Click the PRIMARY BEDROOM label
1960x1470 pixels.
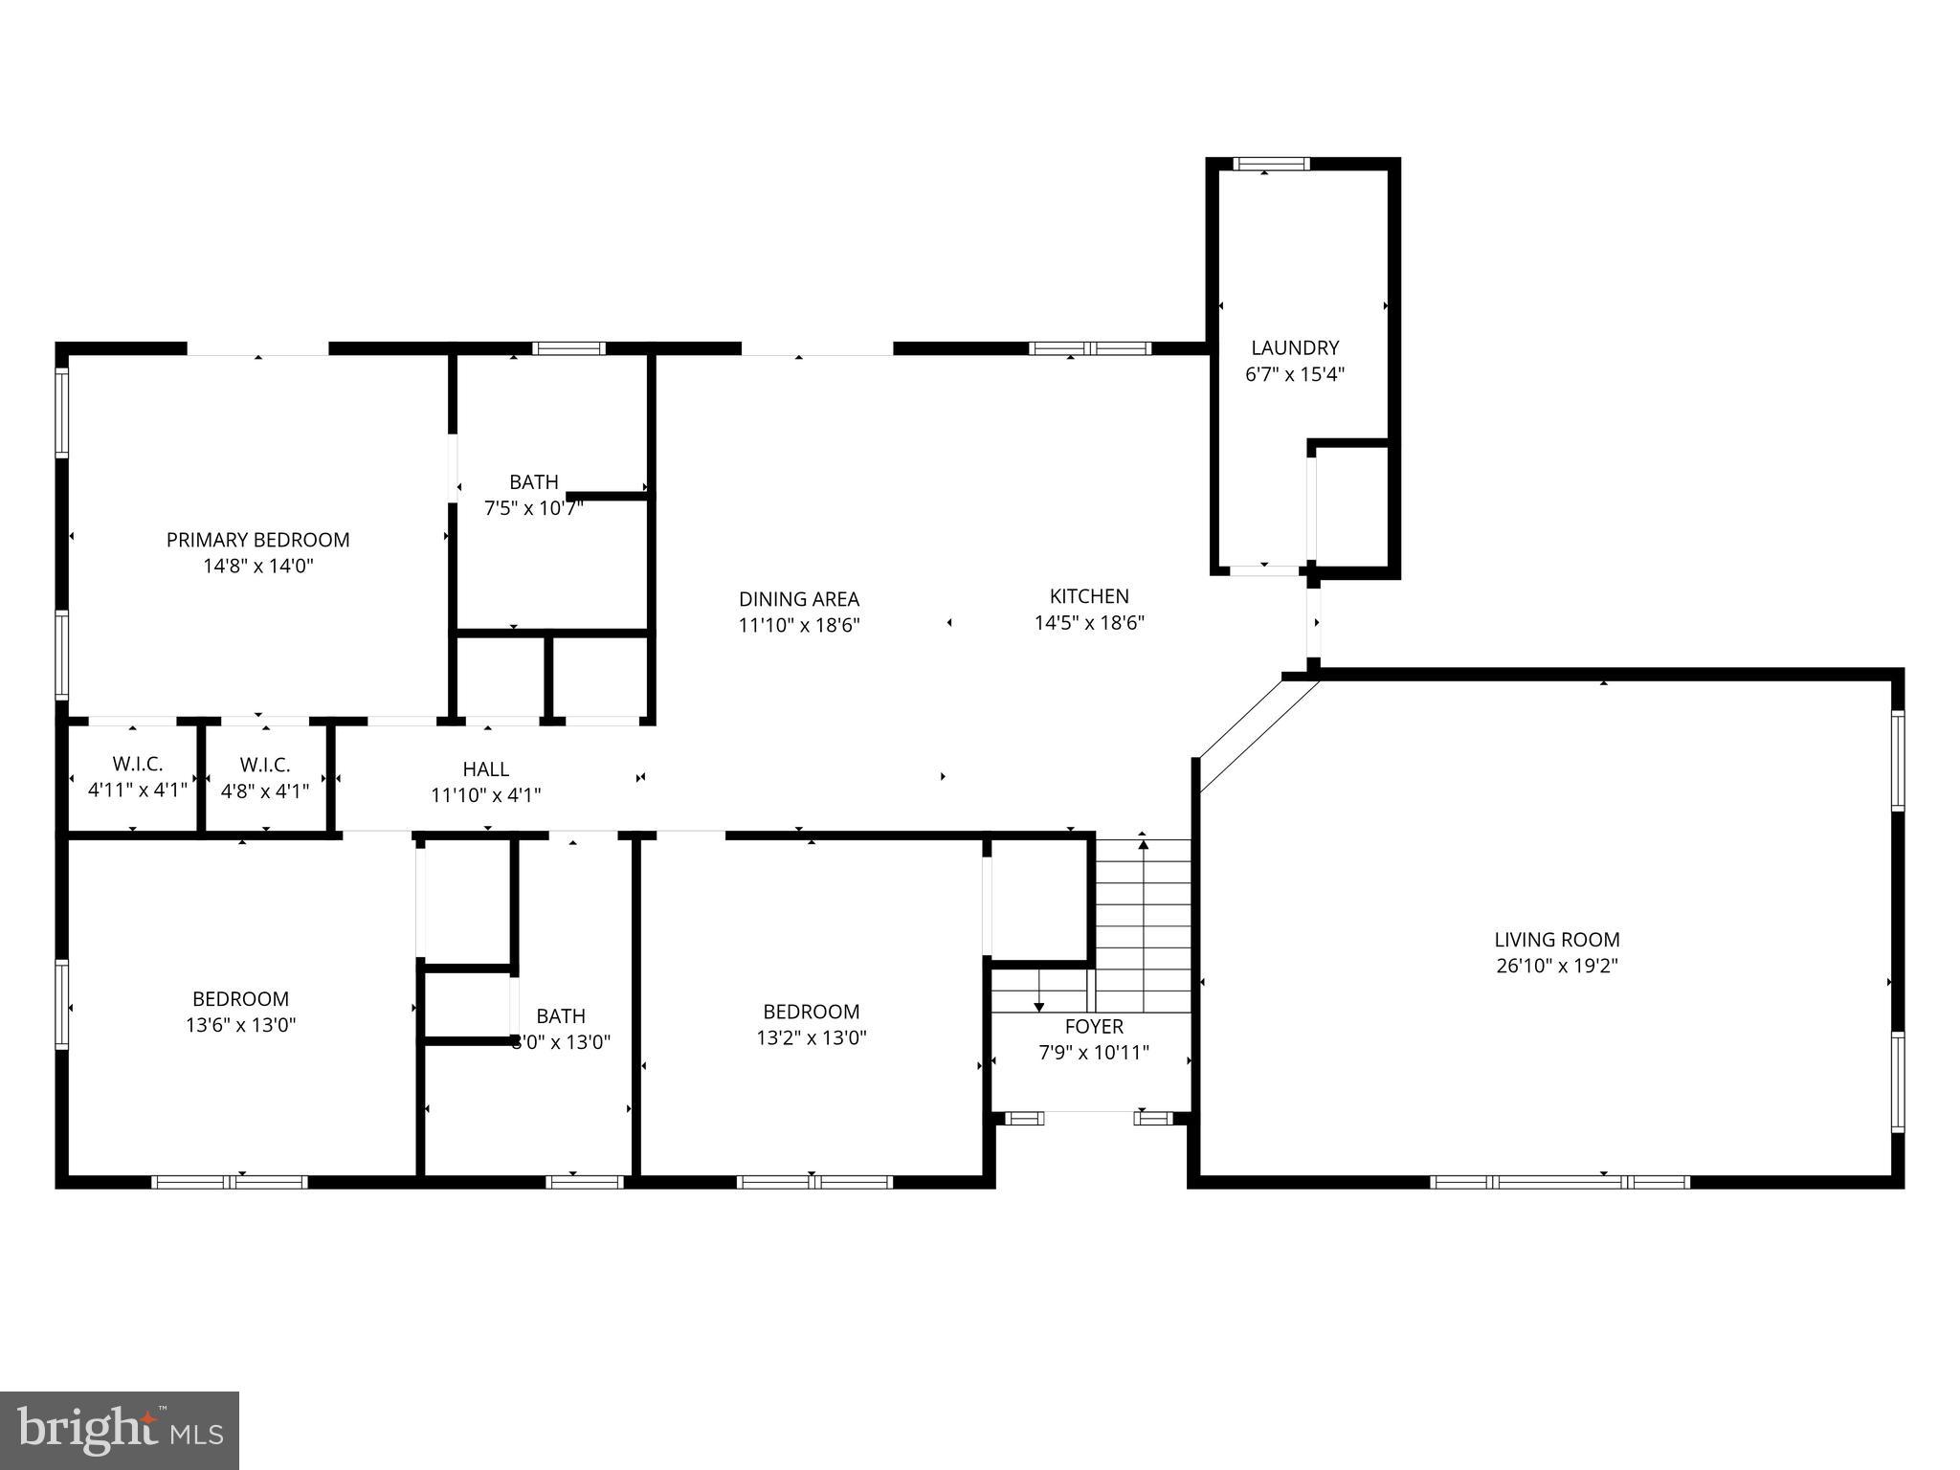coord(257,540)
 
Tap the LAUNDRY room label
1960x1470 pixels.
coord(1295,348)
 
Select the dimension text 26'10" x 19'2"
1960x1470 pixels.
coord(1557,966)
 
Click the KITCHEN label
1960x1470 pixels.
coord(1089,596)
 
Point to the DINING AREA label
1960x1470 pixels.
coord(799,599)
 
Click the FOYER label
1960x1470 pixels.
coord(1094,1027)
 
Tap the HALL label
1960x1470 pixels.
coord(486,768)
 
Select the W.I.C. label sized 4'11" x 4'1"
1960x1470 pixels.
coord(138,765)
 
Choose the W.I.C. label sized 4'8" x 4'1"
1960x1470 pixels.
coord(265,765)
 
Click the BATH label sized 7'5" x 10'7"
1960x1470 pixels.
coord(534,482)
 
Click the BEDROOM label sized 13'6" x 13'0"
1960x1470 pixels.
coord(240,999)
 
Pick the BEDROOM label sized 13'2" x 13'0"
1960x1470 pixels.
coord(811,1012)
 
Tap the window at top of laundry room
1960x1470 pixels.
coord(1271,164)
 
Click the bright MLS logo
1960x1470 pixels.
coord(120,1430)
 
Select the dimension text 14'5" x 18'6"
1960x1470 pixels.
coord(1089,623)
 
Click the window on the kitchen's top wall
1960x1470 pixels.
coord(1090,348)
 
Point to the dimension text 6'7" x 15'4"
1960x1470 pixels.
coord(1295,374)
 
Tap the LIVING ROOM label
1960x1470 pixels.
coord(1557,940)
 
